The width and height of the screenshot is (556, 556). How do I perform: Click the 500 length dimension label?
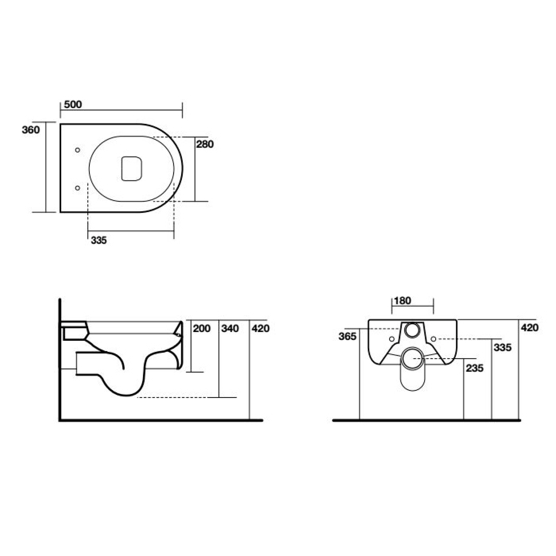(73, 104)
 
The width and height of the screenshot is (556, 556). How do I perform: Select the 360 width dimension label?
(31, 129)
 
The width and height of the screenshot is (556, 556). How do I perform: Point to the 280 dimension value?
(205, 144)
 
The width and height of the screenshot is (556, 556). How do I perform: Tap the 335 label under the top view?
(99, 240)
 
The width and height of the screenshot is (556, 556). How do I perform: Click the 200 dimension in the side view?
(202, 328)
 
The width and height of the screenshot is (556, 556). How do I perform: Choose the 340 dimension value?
(230, 328)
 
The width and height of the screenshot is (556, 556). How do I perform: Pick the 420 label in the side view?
(261, 328)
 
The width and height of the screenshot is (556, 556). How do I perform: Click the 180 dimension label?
(402, 301)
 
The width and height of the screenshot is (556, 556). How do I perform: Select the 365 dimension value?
(347, 336)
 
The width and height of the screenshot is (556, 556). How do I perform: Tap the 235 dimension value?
(475, 368)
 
